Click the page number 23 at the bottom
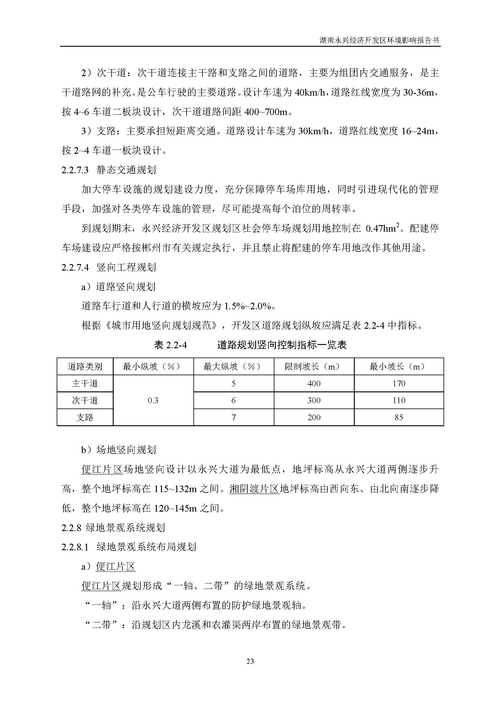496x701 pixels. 250,661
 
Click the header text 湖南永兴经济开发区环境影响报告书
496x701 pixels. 379,40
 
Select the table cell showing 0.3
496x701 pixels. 153,400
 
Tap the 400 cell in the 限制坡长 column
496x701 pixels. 314,384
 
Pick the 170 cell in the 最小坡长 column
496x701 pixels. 399,384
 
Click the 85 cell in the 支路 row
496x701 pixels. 399,417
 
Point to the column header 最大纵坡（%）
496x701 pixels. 234,366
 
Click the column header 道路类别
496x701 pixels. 85,366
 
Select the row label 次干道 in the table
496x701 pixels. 85,400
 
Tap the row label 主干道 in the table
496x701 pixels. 85,384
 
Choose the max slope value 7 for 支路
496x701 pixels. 234,417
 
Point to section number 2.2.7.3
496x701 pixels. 75,170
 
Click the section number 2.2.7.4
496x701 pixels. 75,267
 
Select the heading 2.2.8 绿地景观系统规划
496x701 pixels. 113,527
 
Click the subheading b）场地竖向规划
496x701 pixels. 118,450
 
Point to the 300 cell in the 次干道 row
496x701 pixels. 314,400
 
